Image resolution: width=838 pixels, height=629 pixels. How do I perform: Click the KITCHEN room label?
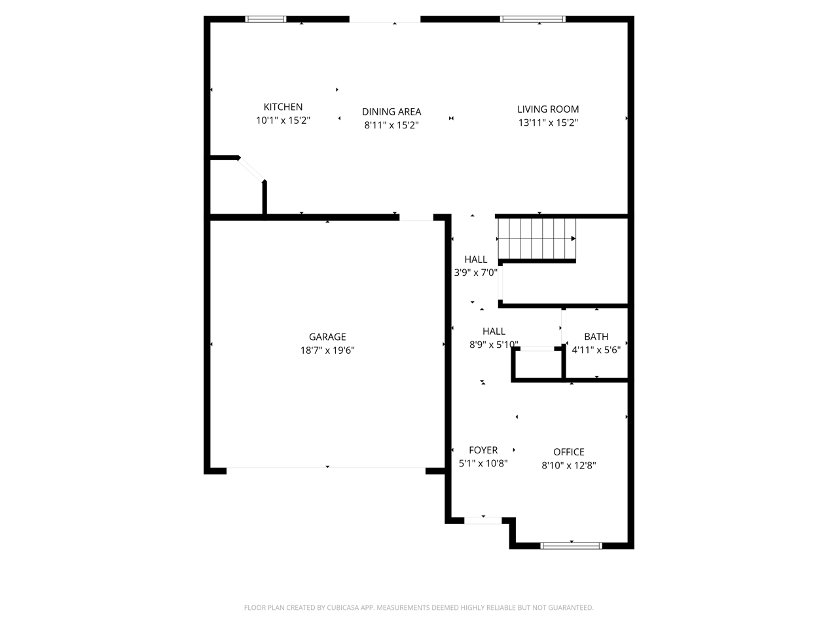283,107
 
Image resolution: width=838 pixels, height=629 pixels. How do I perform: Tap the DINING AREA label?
392,112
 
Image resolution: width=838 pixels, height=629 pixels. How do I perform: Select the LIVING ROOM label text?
548,109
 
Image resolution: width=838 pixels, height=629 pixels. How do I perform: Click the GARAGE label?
327,337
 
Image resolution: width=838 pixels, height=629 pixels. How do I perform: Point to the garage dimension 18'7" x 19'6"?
327,350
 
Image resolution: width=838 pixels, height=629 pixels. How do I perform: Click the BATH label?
596,337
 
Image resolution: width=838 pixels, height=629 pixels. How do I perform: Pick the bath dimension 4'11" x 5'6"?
596,350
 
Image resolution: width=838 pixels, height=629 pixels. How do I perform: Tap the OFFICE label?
568,452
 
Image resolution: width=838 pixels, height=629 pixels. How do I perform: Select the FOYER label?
483,450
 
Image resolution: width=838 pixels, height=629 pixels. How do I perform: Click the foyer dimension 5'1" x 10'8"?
483,463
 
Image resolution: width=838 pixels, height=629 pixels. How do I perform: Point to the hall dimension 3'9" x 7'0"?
475,273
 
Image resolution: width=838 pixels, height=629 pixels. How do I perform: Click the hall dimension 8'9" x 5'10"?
494,345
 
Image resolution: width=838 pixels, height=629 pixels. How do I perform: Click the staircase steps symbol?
537,238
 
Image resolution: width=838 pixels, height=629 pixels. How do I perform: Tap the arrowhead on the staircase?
574,238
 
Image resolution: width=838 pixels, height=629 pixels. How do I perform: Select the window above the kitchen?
265,19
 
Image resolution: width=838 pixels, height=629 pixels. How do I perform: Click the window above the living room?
532,19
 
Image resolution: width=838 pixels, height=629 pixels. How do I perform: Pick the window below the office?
571,546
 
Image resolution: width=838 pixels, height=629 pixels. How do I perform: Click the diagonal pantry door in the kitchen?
251,169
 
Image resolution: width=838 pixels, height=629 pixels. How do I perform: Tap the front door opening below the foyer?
483,520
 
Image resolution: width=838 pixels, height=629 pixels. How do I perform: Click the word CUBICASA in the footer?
342,607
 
